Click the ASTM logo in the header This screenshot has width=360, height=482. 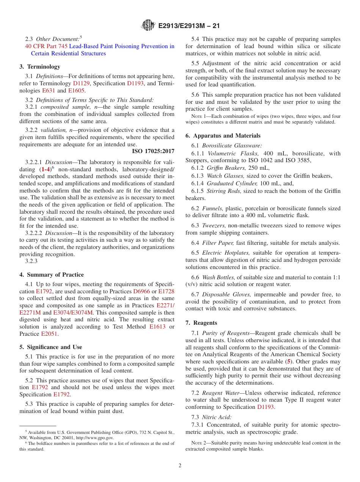[148, 26]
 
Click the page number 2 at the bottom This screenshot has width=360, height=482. [180, 466]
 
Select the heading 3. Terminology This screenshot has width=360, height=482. [40, 67]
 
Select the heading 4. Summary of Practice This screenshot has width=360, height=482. [52, 275]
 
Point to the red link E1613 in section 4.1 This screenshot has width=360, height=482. [157, 327]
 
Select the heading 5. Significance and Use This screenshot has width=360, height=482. [51, 347]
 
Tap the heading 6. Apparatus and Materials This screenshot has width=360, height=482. [223, 136]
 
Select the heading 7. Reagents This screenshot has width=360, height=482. [201, 323]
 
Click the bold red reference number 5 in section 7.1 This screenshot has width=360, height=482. [289, 361]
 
